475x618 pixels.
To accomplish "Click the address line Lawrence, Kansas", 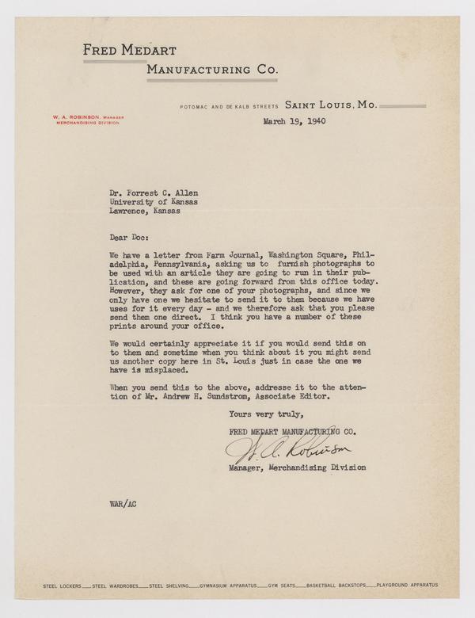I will pyautogui.click(x=145, y=212).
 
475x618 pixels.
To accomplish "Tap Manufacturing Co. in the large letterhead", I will pyautogui.click(x=211, y=71).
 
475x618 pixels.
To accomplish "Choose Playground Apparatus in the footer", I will pyautogui.click(x=408, y=585).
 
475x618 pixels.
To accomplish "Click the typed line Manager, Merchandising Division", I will pyautogui.click(x=298, y=467).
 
